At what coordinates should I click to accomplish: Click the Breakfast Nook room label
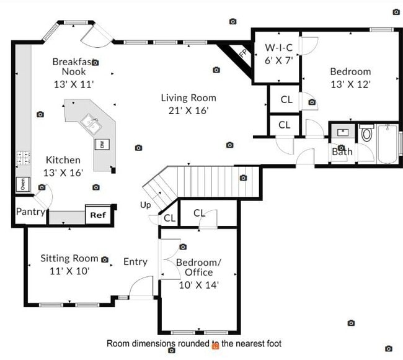pyautogui.click(x=73, y=66)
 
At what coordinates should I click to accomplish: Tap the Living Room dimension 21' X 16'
pyautogui.click(x=188, y=110)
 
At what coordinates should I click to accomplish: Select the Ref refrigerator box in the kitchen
pyautogui.click(x=98, y=215)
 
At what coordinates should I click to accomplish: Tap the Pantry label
pyautogui.click(x=30, y=212)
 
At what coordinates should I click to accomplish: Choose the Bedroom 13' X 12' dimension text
pyautogui.click(x=350, y=84)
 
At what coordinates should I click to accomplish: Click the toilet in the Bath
pyautogui.click(x=366, y=133)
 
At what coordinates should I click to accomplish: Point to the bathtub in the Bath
pyautogui.click(x=388, y=144)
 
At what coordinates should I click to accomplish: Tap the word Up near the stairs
pyautogui.click(x=145, y=205)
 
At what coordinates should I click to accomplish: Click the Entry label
pyautogui.click(x=135, y=261)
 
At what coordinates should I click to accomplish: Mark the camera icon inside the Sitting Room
pyautogui.click(x=105, y=259)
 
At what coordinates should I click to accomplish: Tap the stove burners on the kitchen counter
pyautogui.click(x=23, y=158)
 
